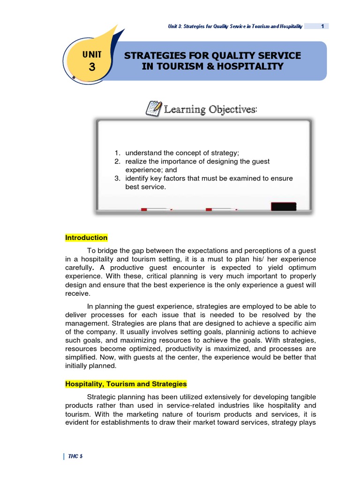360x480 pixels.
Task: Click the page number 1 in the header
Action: click(322, 26)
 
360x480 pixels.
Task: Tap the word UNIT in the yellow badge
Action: click(92, 55)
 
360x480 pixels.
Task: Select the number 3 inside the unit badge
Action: click(92, 67)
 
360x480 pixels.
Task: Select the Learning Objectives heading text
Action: click(210, 110)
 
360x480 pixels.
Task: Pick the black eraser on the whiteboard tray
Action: click(284, 206)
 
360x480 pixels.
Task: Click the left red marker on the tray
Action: click(156, 209)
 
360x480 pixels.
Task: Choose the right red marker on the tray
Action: click(220, 209)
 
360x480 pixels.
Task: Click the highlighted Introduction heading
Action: click(86, 238)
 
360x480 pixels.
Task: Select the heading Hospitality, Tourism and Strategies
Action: click(126, 384)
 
